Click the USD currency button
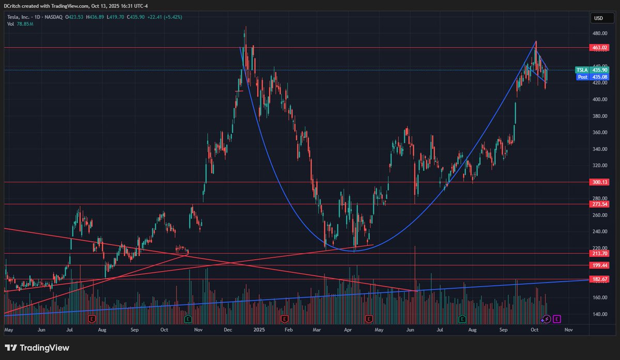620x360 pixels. click(599, 18)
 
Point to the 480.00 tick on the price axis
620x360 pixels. click(599, 34)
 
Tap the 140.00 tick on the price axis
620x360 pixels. click(599, 314)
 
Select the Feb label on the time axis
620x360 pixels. click(288, 329)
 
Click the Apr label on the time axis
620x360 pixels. click(348, 329)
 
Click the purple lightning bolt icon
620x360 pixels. click(547, 319)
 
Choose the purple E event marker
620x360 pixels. click(556, 319)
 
